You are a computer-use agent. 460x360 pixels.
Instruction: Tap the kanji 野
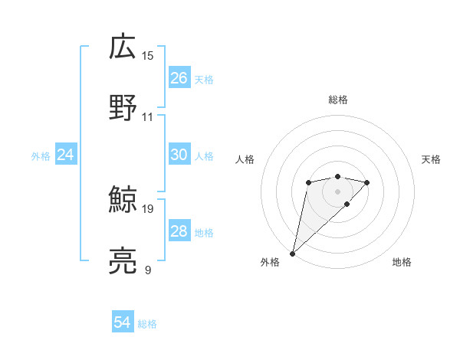pyautogui.click(x=123, y=108)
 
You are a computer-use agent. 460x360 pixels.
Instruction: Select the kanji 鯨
pyautogui.click(x=123, y=200)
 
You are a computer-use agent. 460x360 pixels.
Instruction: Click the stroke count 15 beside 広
pyautogui.click(x=148, y=56)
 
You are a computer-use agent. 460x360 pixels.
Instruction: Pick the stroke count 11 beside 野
pyautogui.click(x=148, y=117)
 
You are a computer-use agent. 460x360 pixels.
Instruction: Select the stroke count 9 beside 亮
pyautogui.click(x=148, y=270)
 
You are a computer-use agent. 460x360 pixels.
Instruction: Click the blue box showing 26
pyautogui.click(x=179, y=78)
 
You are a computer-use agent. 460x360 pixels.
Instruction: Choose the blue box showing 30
pyautogui.click(x=179, y=155)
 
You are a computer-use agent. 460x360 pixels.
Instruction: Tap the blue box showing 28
pyautogui.click(x=179, y=231)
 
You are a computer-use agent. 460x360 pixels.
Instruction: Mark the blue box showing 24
pyautogui.click(x=66, y=155)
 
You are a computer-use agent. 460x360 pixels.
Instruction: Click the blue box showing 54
pyautogui.click(x=123, y=323)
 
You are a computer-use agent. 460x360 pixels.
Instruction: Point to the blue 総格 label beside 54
pyautogui.click(x=147, y=324)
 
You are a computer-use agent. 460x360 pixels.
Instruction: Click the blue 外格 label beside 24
pyautogui.click(x=41, y=155)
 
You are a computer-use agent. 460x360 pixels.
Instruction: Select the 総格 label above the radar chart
pyautogui.click(x=338, y=100)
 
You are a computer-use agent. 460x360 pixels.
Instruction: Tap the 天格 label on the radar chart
pyautogui.click(x=431, y=159)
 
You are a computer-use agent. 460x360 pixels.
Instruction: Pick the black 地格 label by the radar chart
pyautogui.click(x=402, y=263)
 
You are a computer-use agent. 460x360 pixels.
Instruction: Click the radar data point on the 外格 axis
pyautogui.click(x=292, y=254)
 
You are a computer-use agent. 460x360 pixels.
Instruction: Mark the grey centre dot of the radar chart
pyautogui.click(x=337, y=191)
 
